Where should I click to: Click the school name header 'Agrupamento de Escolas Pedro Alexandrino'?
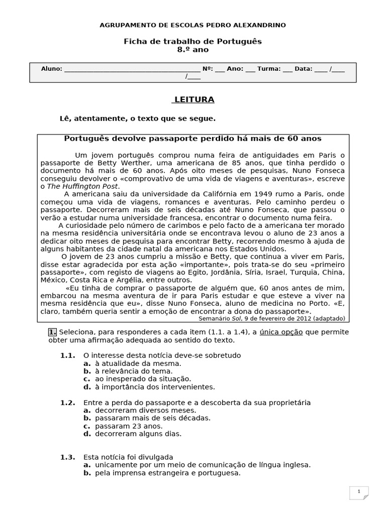(193, 25)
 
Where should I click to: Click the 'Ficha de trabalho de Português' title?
(193, 41)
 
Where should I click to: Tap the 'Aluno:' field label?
(52, 69)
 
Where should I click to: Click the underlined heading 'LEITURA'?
(194, 100)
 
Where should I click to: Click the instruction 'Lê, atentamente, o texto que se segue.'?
(137, 118)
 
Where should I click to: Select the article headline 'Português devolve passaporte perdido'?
(193, 138)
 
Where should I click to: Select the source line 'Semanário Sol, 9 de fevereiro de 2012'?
(271, 318)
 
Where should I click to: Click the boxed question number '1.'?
(52, 332)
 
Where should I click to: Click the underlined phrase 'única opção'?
(281, 332)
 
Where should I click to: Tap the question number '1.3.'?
(68, 457)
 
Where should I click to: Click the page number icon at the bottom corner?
(359, 493)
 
